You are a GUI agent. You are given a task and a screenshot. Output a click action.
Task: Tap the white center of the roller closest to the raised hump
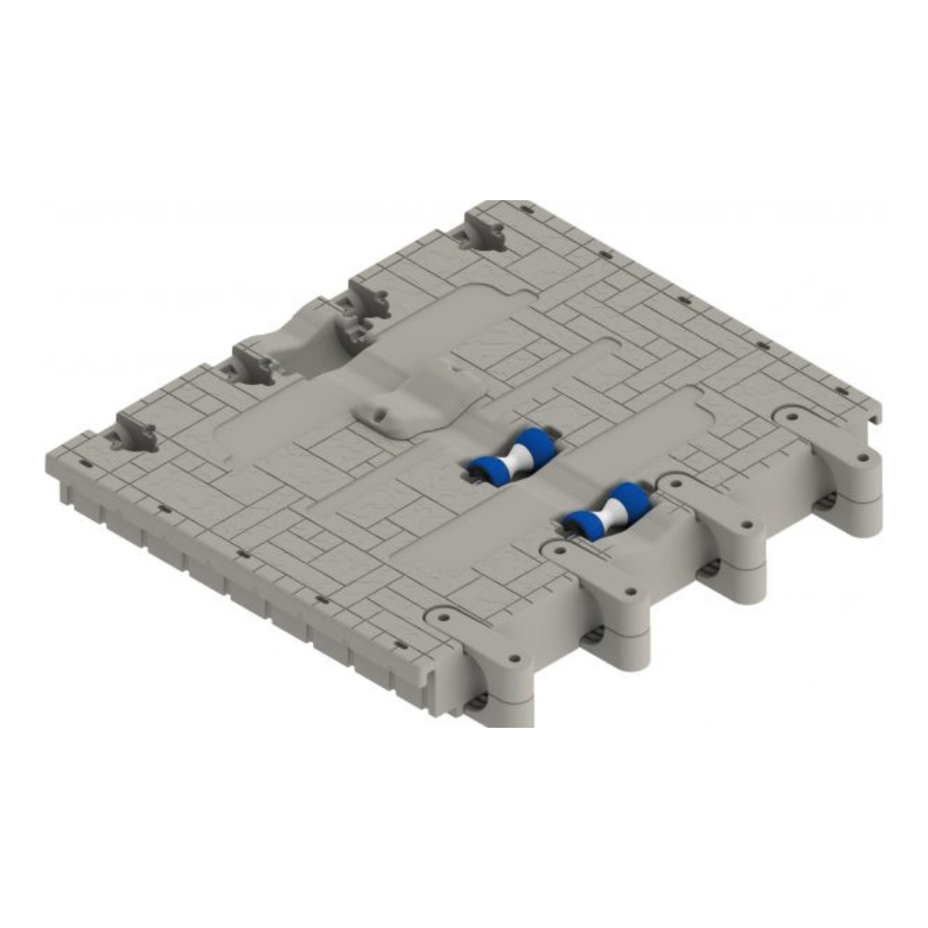(515, 454)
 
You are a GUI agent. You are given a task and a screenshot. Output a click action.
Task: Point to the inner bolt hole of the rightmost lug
(794, 420)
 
